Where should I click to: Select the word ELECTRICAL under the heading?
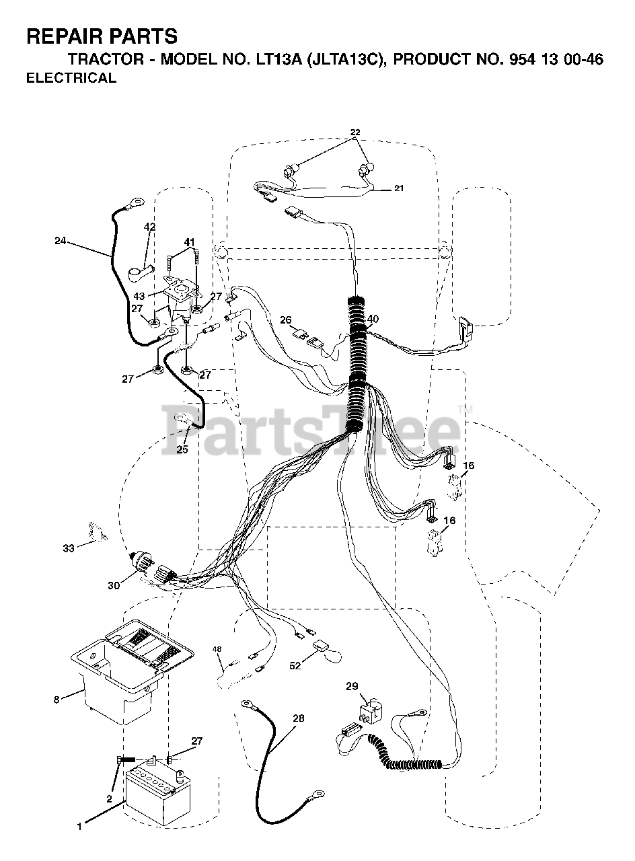point(71,78)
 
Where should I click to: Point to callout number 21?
point(399,188)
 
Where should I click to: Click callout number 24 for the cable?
point(61,240)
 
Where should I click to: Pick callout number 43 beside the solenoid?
point(139,297)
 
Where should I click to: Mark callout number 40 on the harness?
point(373,319)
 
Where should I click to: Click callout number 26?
point(285,320)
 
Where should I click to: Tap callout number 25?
point(182,449)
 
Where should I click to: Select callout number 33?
point(69,548)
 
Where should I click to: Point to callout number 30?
point(114,585)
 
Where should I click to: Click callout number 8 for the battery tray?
point(57,700)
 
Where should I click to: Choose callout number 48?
point(217,649)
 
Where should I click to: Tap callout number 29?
point(352,686)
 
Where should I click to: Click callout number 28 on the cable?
point(298,718)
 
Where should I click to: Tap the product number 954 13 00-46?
point(552,60)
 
